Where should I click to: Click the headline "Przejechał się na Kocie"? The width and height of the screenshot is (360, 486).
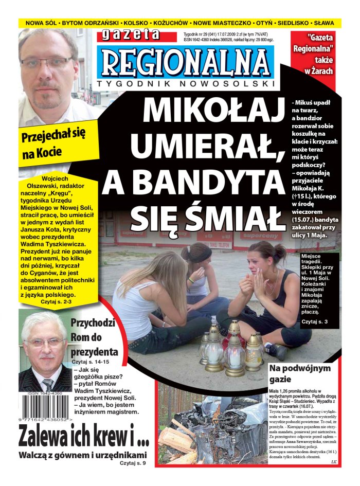[53, 143]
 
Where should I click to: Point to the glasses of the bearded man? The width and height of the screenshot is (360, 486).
[47, 63]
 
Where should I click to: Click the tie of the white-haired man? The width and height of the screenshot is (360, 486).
[47, 384]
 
